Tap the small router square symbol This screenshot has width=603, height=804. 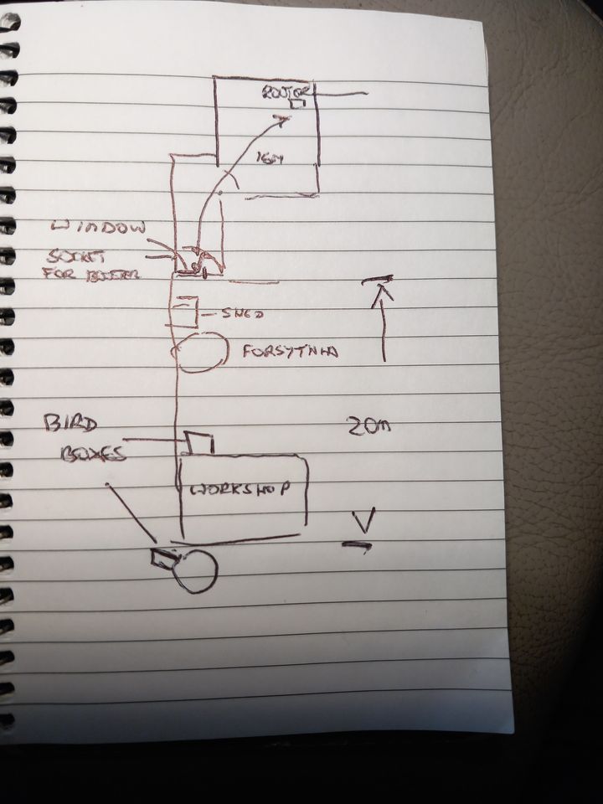296,105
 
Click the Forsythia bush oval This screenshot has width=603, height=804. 200,351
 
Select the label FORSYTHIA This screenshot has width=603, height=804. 290,353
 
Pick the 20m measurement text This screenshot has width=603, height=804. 366,429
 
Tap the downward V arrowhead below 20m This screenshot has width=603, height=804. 362,523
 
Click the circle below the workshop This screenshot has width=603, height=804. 198,571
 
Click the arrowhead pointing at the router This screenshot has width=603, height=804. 284,122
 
